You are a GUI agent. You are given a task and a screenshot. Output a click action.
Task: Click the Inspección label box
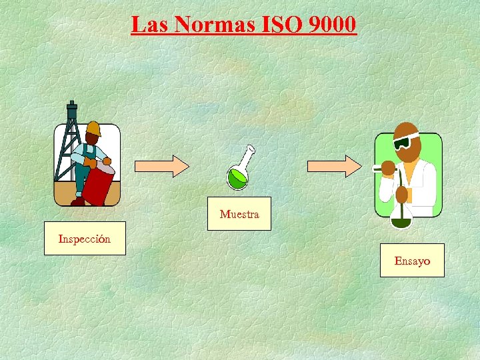coord(85,239)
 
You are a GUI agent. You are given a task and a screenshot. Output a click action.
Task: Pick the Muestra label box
coord(239,214)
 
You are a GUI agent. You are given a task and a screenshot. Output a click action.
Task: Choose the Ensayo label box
coord(412,261)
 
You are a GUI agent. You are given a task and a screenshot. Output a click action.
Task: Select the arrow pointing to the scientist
coord(333,166)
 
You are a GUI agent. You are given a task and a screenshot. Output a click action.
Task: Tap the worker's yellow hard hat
coord(93,128)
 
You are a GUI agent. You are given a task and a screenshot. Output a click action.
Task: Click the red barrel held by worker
coord(99,184)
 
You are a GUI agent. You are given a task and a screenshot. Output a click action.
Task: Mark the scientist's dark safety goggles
coord(402,143)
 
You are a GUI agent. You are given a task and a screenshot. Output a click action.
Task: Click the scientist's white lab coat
coord(417,180)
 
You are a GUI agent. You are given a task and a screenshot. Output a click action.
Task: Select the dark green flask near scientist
coord(401,220)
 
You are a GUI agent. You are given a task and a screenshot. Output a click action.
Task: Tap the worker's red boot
coord(78,201)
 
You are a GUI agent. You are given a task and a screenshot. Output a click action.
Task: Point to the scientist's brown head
coord(407,137)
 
